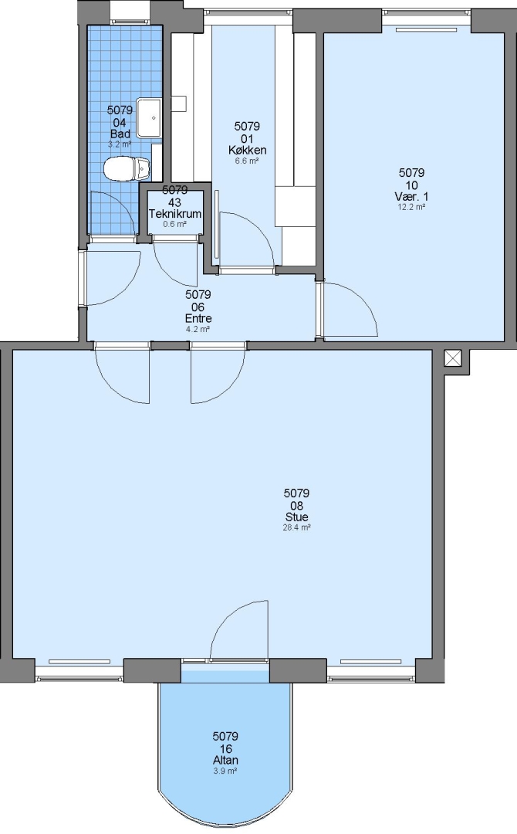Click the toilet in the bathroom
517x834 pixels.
[x=127, y=168]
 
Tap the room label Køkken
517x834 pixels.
[x=247, y=150]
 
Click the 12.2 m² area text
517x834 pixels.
[x=411, y=208]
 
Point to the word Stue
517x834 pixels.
[x=296, y=517]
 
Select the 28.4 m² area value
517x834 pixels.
[x=296, y=527]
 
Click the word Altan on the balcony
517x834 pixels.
[x=225, y=760]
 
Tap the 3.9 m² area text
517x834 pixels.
[x=225, y=771]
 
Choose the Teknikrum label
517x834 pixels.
[x=175, y=214]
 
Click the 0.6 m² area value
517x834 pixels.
[x=175, y=224]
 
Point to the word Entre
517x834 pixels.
[x=198, y=319]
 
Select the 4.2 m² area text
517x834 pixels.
[x=198, y=329]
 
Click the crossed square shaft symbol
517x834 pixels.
[x=453, y=358]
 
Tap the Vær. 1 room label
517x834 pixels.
[x=411, y=197]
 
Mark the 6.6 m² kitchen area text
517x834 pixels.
[x=247, y=161]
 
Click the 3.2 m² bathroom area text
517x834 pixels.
[x=120, y=144]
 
